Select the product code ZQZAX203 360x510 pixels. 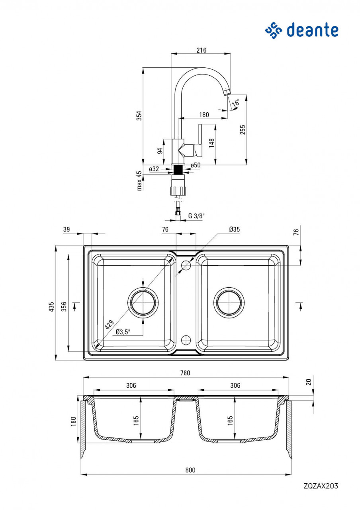tap(321, 486)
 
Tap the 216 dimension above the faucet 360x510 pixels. tap(202, 50)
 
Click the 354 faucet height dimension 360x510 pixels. tap(139, 116)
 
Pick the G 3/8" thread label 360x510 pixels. tap(196, 216)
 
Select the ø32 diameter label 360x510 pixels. tap(154, 169)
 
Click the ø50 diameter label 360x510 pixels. tap(196, 165)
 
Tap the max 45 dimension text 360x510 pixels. tap(139, 180)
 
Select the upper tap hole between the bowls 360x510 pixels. tap(186, 265)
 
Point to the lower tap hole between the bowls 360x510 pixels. tap(186, 340)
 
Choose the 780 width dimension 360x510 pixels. tap(186, 373)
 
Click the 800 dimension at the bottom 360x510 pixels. tap(190, 470)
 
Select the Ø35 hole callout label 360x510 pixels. tap(235, 229)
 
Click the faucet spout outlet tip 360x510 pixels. tap(227, 93)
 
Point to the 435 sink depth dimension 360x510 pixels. tap(51, 307)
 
